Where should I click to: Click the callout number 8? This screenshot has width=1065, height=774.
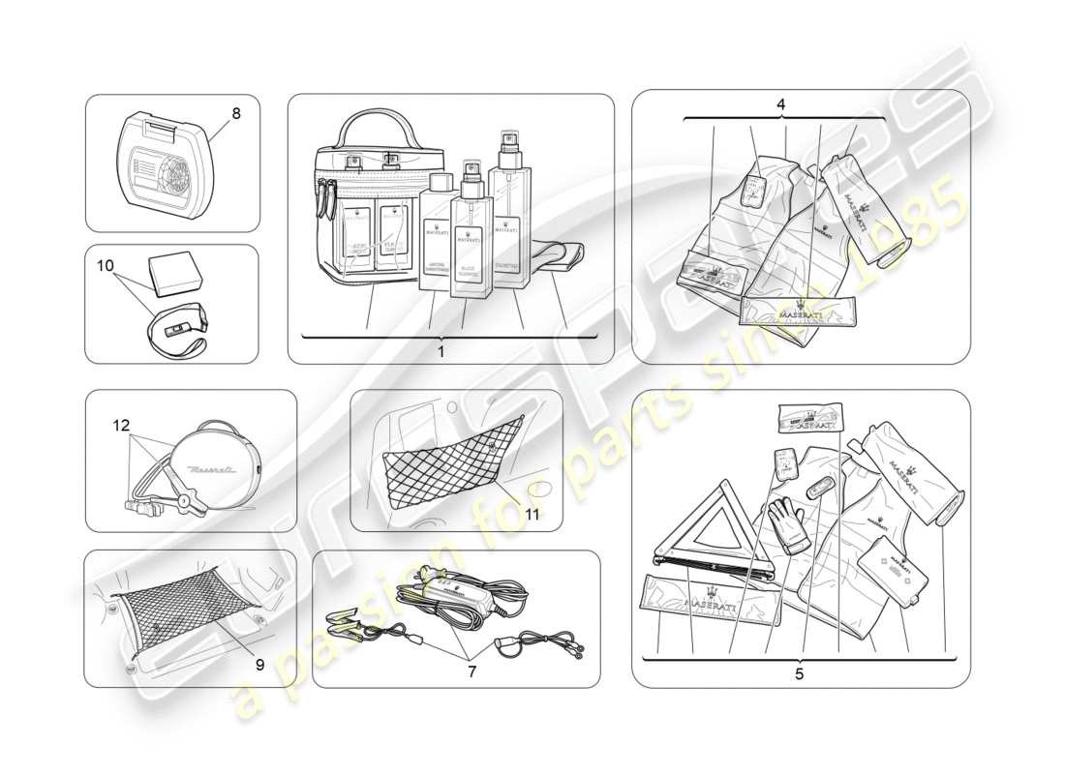point(235,112)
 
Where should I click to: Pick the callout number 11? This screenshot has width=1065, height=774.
point(532,514)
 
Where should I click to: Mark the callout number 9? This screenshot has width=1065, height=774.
point(259,664)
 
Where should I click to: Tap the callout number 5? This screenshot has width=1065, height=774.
point(799,673)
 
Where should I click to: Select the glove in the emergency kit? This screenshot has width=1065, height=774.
point(794,522)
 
